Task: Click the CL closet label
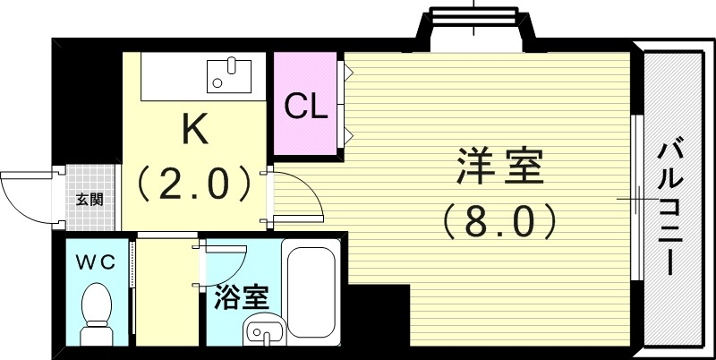306,107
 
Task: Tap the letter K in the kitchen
194,129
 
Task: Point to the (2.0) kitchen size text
194,183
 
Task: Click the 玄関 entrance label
89,199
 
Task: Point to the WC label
94,261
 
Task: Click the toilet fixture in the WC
95,313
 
